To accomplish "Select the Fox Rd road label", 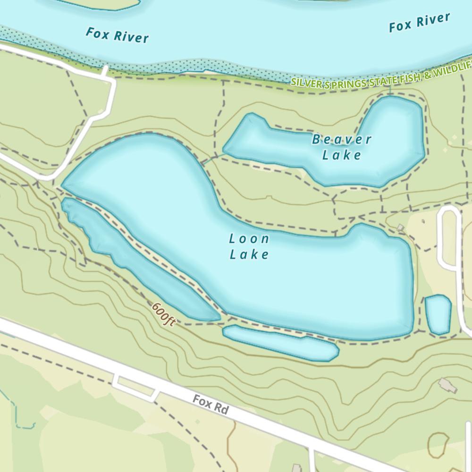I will (211, 405).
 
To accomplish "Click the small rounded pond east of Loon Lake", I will (438, 314).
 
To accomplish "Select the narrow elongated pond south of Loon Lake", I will (281, 342).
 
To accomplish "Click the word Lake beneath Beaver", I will (342, 155).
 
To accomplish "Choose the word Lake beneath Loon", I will (249, 255).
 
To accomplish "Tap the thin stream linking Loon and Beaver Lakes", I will (212, 158).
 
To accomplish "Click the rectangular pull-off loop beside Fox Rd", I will (135, 387).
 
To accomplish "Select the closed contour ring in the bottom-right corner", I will (438, 446).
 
